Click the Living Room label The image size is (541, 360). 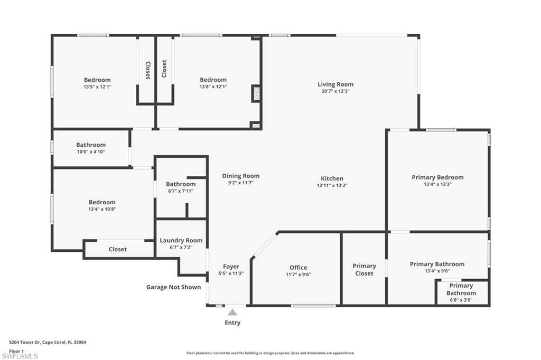pyautogui.click(x=335, y=84)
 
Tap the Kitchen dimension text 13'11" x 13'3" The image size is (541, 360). pyautogui.click(x=332, y=185)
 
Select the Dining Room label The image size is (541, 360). pyautogui.click(x=241, y=176)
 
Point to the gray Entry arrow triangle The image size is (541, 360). pyautogui.click(x=232, y=312)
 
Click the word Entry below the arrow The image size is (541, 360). pyautogui.click(x=232, y=323)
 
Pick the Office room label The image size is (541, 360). pyautogui.click(x=299, y=268)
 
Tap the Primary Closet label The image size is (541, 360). pyautogui.click(x=365, y=270)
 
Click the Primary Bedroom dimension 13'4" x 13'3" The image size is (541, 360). pyautogui.click(x=437, y=184)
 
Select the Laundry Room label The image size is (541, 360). pyautogui.click(x=181, y=240)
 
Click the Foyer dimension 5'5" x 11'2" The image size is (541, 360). pyautogui.click(x=231, y=273)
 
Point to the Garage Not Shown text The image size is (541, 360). pyautogui.click(x=173, y=287)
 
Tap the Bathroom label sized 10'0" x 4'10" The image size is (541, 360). pyautogui.click(x=91, y=145)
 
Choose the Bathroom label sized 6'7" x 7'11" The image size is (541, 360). pyautogui.click(x=181, y=184)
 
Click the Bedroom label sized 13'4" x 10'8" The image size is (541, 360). pyautogui.click(x=102, y=202)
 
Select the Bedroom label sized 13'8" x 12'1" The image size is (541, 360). pyautogui.click(x=213, y=80)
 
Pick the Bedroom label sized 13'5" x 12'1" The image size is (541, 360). pyautogui.click(x=97, y=80)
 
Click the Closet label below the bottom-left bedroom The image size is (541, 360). pyautogui.click(x=118, y=249)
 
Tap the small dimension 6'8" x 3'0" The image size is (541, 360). pyautogui.click(x=461, y=300)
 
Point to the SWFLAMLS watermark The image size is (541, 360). pyautogui.click(x=20, y=356)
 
